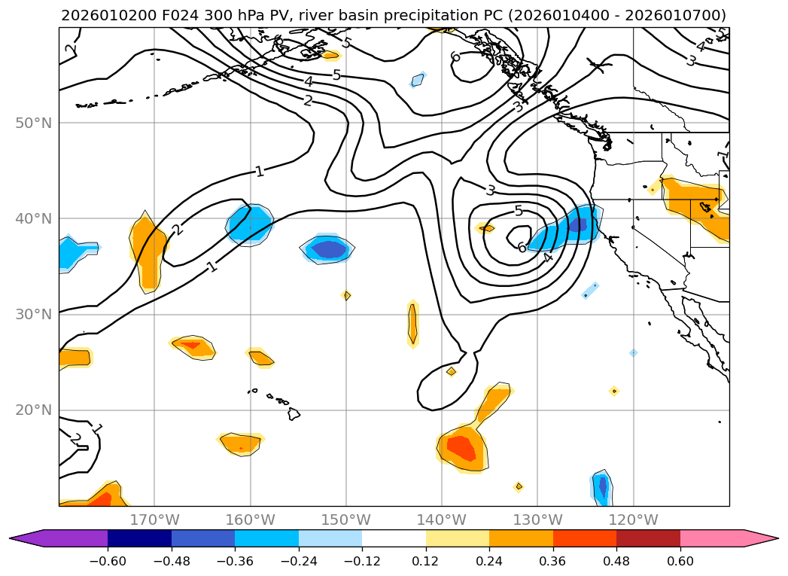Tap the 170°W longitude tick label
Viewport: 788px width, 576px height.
[x=154, y=520]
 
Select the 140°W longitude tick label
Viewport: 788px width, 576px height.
[x=442, y=520]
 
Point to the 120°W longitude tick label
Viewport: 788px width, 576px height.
[x=633, y=520]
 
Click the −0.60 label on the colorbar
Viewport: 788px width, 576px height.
[x=108, y=560]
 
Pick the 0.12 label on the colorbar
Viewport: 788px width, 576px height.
[x=426, y=560]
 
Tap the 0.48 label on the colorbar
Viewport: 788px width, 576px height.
[x=616, y=560]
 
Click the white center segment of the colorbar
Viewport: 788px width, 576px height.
[x=394, y=538]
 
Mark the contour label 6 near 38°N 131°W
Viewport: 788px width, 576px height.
[x=521, y=248]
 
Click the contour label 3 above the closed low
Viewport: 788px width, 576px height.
[x=490, y=190]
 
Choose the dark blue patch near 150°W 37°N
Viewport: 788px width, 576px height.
[x=329, y=248]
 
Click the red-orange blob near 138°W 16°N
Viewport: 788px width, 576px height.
[x=461, y=447]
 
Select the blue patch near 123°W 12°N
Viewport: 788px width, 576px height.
[x=601, y=489]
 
